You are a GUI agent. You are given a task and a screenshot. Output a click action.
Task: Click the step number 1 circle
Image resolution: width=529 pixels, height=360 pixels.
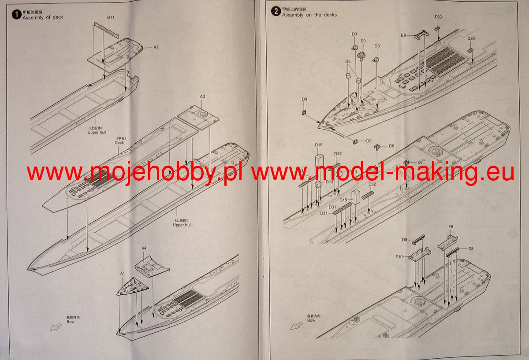pos(16,15)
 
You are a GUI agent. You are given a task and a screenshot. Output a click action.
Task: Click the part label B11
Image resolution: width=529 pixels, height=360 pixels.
pos(111,17)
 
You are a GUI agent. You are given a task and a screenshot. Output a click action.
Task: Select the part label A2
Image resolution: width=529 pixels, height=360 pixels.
pos(156,47)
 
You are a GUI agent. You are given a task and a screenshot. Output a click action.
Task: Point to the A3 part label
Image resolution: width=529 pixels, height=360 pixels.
pos(203,96)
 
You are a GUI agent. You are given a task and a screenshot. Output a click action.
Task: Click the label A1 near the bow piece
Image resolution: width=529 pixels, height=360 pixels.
pos(123,273)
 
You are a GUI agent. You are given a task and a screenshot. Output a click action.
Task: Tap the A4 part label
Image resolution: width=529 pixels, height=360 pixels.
pos(144,248)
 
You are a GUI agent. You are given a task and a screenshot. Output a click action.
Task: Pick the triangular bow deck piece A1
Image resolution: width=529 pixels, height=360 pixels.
pos(132,286)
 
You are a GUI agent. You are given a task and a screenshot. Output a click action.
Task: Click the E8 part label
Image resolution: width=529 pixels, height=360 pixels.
pos(403,35)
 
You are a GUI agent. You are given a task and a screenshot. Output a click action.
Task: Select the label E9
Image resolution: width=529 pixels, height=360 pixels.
pos(363,41)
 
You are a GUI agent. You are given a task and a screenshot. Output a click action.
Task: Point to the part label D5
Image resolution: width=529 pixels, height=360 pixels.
pos(348,62)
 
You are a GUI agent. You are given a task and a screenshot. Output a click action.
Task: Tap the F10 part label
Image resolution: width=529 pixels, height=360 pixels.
pos(399,256)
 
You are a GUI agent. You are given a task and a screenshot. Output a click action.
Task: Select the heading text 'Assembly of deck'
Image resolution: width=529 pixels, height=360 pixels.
pos(43,17)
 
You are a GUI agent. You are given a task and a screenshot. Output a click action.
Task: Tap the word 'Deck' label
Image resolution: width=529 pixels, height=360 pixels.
pos(119,142)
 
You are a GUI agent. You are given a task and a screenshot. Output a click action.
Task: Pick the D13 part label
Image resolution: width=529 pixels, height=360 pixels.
pos(330,182)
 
